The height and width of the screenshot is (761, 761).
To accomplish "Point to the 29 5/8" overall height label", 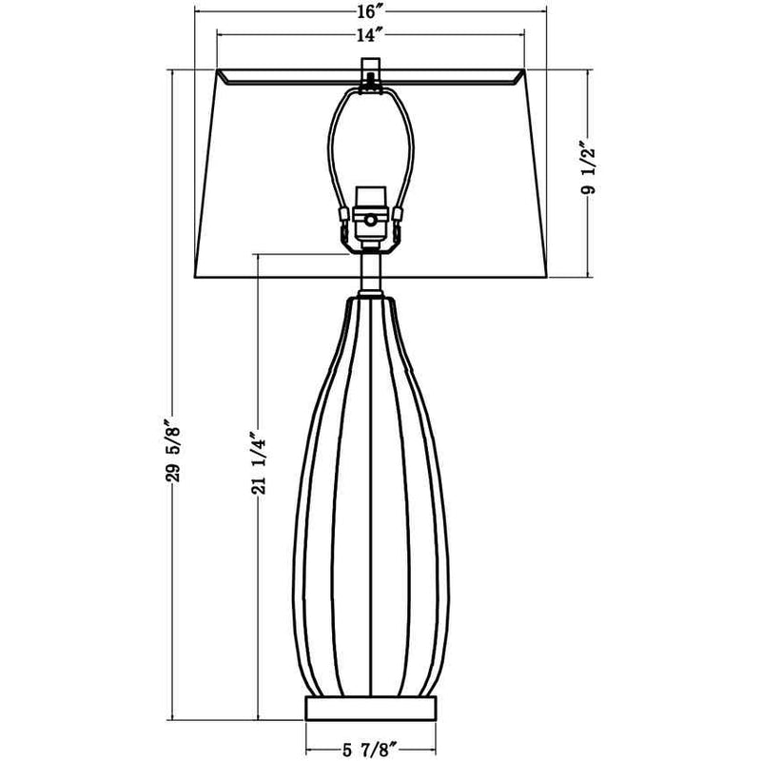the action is pyautogui.click(x=173, y=450).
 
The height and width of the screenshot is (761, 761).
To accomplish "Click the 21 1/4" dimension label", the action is pyautogui.click(x=259, y=463).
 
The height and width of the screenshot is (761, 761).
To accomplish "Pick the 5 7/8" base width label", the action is pyautogui.click(x=371, y=751).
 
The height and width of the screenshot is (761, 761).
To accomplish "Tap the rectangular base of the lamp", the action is pyautogui.click(x=371, y=709).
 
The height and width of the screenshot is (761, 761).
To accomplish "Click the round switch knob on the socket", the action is pyautogui.click(x=370, y=221).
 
